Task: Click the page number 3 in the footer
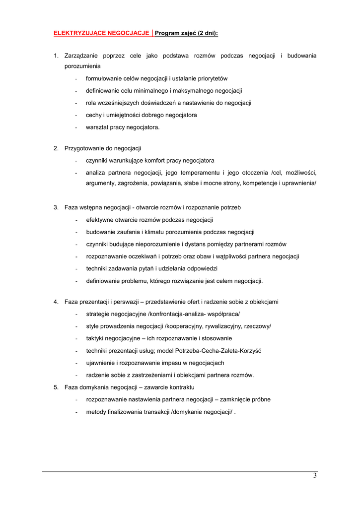click(315, 476)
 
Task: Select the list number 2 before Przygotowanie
click(56, 148)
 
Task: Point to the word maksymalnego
click(188, 91)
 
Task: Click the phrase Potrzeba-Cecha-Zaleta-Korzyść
click(219, 351)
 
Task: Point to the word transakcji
click(153, 412)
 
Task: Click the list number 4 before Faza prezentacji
click(56, 302)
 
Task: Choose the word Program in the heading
click(167, 33)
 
